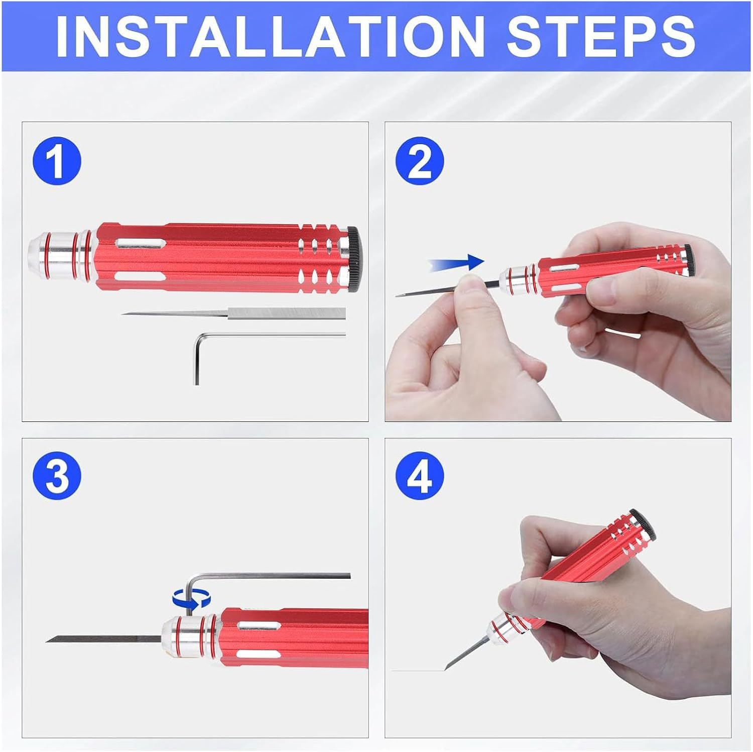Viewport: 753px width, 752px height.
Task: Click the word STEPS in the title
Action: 601,37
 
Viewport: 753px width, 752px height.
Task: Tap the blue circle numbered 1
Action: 57,161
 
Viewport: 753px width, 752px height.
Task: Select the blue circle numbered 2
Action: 420,161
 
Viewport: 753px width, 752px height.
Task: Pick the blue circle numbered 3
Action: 57,475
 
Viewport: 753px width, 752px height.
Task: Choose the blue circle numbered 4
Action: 420,475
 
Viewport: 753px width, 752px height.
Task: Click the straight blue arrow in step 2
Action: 456,262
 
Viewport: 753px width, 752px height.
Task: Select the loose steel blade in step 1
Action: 234,314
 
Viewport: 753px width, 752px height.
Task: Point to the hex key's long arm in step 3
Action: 271,576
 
